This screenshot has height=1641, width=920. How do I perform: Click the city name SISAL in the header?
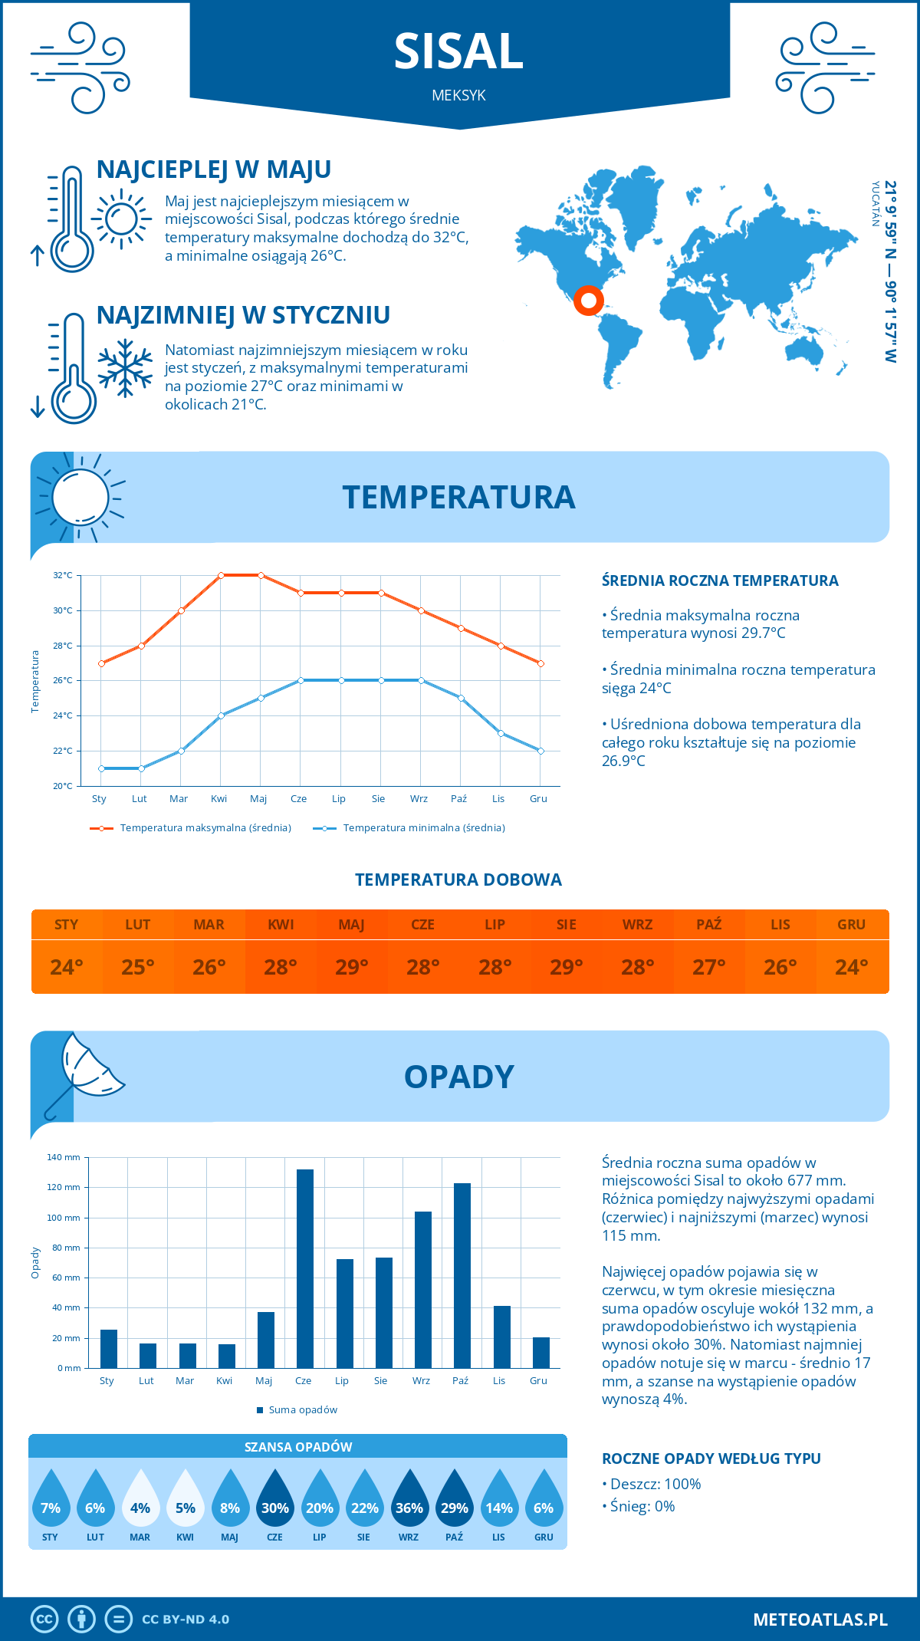pos(458,51)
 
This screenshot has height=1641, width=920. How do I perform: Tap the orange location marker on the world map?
pos(588,300)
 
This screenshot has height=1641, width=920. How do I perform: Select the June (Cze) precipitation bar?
pos(304,1268)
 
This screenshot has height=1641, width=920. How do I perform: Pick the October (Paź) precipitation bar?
pos(462,1275)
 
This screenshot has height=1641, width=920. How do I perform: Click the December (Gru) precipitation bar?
pos(540,1353)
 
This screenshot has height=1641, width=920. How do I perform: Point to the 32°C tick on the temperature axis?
pos(63,575)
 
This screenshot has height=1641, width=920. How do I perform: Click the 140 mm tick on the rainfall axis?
pos(64,1157)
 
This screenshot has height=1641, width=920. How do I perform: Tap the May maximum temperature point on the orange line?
pos(261,575)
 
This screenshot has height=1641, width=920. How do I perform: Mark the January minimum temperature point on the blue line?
pos(101,768)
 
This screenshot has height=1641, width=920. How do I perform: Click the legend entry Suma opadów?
pos(302,1410)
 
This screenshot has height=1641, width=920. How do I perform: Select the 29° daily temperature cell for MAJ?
pos(352,967)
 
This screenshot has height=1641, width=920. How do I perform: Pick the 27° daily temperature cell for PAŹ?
pos(709,967)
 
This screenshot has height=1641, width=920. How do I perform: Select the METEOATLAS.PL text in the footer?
pos(820,1620)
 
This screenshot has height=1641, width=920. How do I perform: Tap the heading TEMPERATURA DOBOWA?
pos(458,880)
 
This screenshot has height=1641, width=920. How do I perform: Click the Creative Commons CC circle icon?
pos(44,1620)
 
